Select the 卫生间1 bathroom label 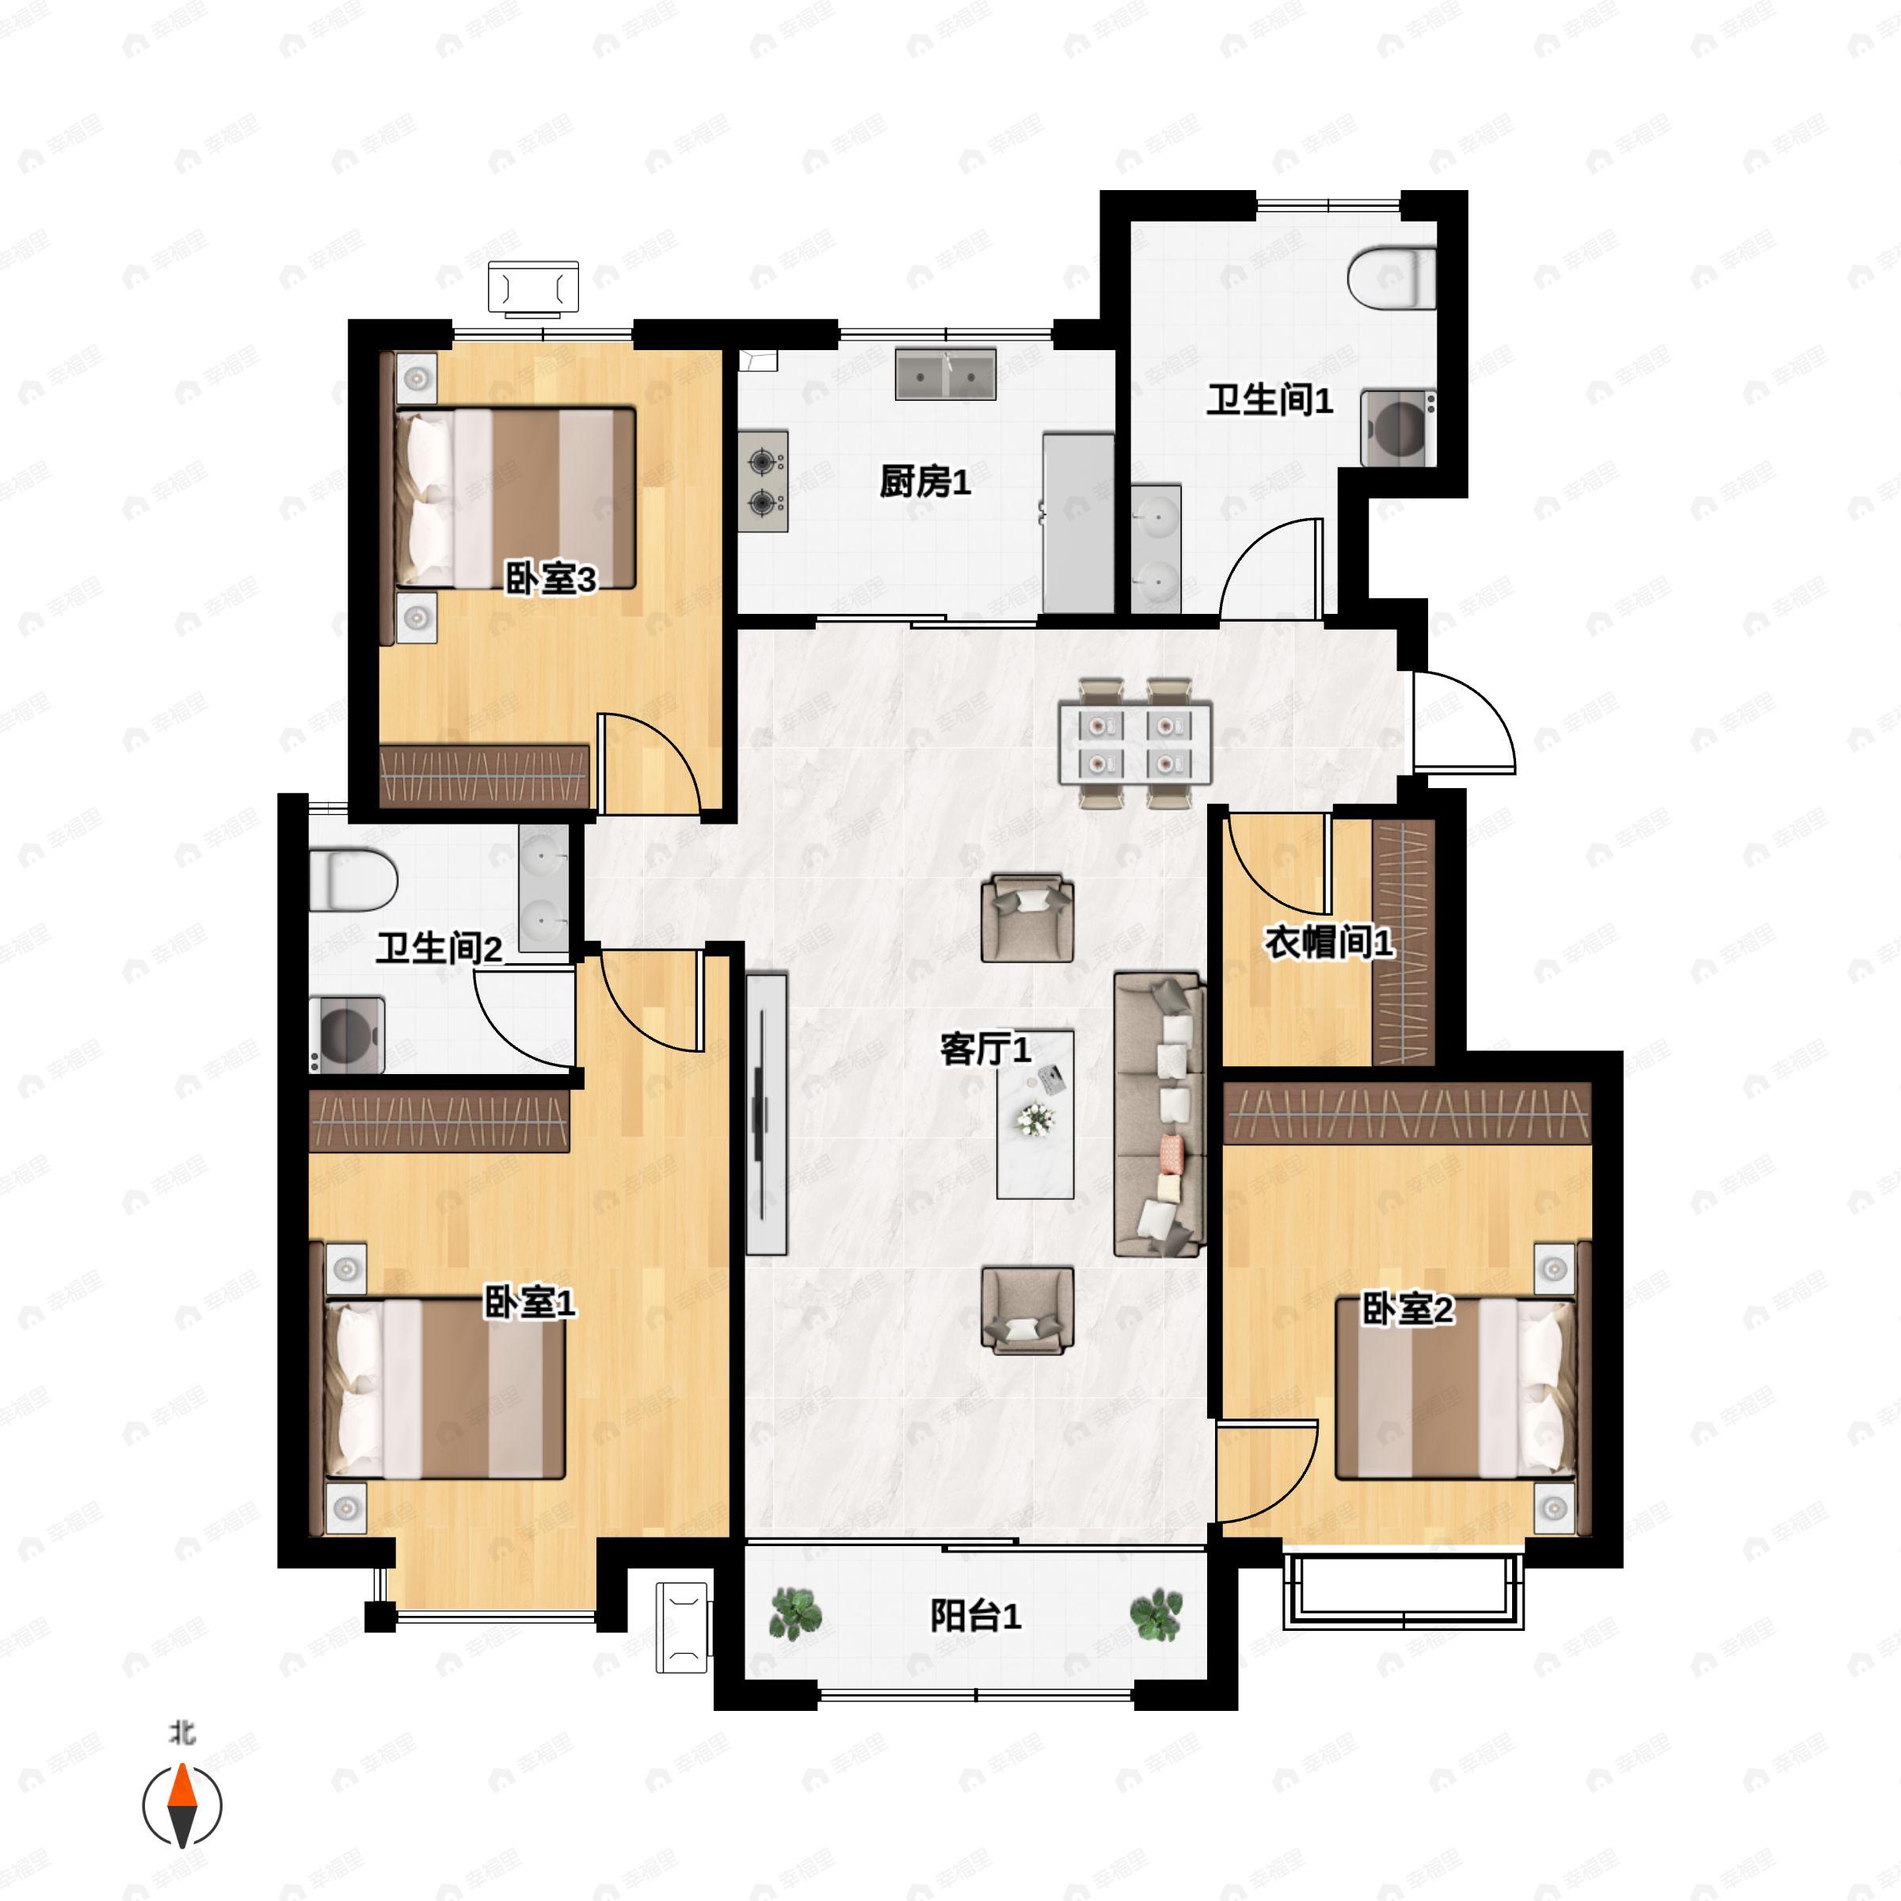coord(1269,401)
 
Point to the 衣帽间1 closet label coord(1328,943)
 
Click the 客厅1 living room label coord(985,1049)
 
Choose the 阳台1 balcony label coord(975,1616)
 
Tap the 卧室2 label coord(1407,1309)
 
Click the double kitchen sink coord(946,374)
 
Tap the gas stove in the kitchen coord(764,481)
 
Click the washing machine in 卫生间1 coord(1398,427)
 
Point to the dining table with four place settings coord(1134,743)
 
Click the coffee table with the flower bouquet coord(1034,1114)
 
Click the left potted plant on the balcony coord(795,1613)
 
